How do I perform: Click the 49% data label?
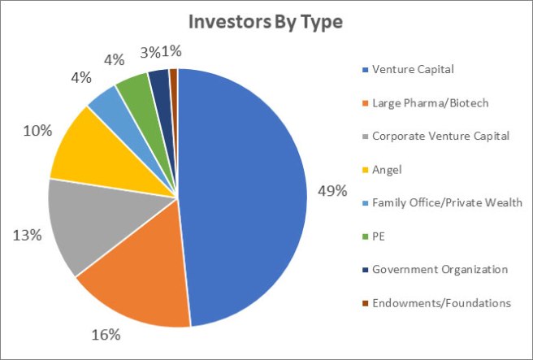click(332, 191)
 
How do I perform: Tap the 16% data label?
click(106, 335)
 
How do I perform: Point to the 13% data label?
click(27, 235)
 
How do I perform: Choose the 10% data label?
click(37, 131)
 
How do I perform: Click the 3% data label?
click(149, 52)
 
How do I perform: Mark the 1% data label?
click(171, 52)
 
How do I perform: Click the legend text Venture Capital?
click(413, 69)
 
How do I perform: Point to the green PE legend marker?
click(366, 236)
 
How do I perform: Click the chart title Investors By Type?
click(266, 23)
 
